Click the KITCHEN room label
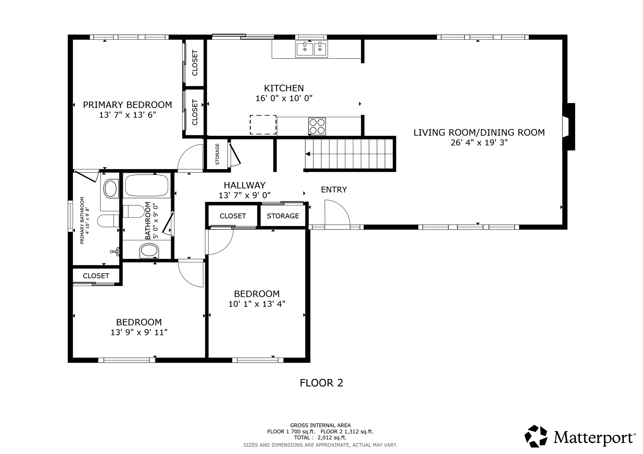(284, 88)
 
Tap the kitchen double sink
(311, 49)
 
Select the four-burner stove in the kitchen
(317, 126)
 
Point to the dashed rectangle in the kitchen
(263, 125)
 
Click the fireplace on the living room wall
(569, 127)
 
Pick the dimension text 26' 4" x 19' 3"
(479, 143)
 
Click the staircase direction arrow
(308, 154)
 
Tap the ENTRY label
(334, 190)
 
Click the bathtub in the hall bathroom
(147, 185)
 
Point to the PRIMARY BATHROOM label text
(83, 220)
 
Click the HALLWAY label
(244, 185)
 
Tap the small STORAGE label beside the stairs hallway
(217, 154)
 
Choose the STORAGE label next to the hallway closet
(283, 216)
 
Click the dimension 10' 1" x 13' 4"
(257, 304)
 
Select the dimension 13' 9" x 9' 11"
(139, 332)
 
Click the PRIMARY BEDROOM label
(127, 105)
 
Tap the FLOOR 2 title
(321, 383)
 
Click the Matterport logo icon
(536, 436)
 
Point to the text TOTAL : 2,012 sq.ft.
(320, 438)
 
